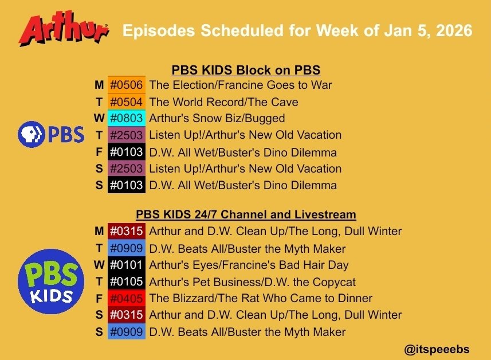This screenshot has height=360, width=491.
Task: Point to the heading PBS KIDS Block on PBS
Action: (246, 71)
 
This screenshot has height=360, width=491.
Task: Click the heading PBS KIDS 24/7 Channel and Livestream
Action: (246, 215)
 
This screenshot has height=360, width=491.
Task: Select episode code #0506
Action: (126, 85)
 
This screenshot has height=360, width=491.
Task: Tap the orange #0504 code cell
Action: (126, 102)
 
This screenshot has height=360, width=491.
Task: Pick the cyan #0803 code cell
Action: (126, 119)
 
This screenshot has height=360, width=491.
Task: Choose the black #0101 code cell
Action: (126, 265)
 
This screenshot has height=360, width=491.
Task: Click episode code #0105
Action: (126, 282)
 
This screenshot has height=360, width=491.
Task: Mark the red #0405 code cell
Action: (126, 299)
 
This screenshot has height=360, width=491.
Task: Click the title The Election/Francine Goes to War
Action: (240, 85)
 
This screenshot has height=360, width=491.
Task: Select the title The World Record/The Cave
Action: (223, 102)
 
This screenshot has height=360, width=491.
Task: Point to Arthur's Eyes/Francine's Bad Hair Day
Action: (249, 265)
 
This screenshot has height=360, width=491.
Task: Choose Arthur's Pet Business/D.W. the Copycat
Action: (252, 282)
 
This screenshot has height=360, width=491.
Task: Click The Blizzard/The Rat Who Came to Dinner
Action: (261, 299)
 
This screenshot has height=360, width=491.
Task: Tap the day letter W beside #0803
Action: (99, 119)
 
